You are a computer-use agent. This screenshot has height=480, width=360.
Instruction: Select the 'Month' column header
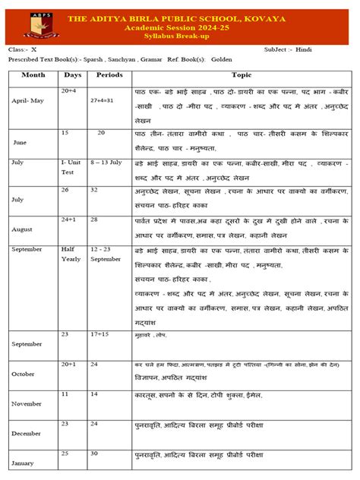pyautogui.click(x=33, y=75)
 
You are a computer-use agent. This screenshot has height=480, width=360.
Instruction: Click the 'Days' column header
pyautogui.click(x=73, y=75)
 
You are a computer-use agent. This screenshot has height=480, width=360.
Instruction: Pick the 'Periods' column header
pyautogui.click(x=109, y=75)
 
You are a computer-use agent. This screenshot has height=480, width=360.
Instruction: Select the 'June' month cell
pyautogui.click(x=21, y=141)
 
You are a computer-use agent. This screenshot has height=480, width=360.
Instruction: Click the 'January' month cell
pyautogui.click(x=24, y=463)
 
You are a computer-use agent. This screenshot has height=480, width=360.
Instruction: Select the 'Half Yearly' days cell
pyautogui.click(x=71, y=254)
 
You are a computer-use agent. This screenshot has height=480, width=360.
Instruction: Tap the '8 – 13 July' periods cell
pyautogui.click(x=106, y=163)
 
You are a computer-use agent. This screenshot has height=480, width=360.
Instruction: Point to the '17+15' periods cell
pyautogui.click(x=99, y=334)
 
